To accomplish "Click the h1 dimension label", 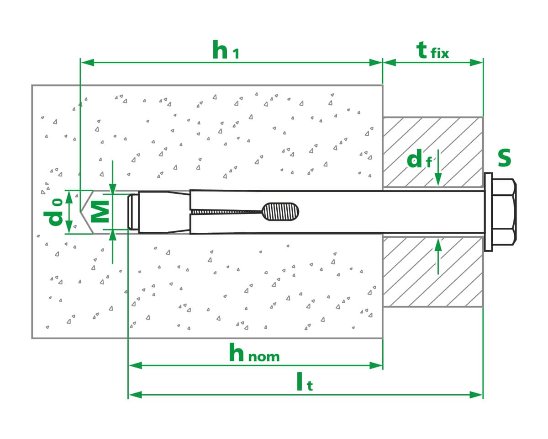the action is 226,49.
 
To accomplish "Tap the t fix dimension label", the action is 432,50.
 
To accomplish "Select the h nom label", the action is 254,353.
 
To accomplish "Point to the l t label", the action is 305,382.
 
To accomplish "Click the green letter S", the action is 505,158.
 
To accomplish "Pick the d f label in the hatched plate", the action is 419,159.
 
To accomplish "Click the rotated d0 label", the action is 53,212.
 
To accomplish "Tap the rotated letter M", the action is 100,212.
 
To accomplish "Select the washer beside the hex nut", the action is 488,212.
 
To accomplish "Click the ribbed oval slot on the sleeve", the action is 280,212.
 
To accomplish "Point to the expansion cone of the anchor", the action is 164,212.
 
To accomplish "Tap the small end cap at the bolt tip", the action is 133,212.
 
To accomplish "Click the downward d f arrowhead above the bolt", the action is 438,180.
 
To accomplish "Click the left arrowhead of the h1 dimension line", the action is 87,63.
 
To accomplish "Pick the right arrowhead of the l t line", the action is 476,395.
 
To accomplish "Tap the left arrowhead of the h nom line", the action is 135,365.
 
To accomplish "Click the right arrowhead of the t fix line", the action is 476,63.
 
